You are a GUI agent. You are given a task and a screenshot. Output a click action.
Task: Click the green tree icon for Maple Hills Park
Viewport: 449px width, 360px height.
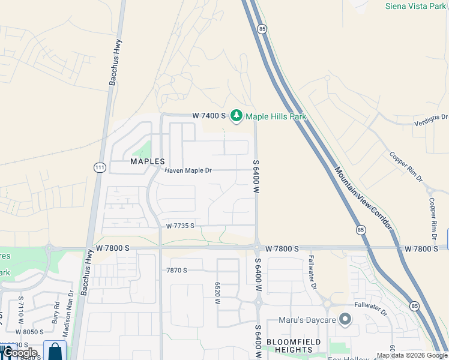click(237, 115)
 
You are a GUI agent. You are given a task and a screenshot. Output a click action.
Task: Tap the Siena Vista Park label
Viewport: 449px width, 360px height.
click(416, 6)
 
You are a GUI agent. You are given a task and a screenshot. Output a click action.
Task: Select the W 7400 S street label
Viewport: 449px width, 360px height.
click(208, 115)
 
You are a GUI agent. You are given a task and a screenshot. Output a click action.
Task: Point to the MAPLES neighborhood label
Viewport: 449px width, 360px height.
click(148, 161)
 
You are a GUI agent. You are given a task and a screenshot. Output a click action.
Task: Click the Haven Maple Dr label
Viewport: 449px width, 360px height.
click(188, 171)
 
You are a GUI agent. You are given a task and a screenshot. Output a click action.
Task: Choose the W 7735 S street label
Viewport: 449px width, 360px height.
click(181, 226)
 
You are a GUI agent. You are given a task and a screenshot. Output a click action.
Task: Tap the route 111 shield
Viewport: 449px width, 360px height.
click(98, 167)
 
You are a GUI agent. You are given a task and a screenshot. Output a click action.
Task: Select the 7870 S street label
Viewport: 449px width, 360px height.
click(177, 271)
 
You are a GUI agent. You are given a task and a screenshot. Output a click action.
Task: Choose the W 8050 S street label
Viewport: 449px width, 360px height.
click(29, 332)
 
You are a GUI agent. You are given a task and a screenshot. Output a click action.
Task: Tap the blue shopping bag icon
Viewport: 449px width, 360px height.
click(55, 350)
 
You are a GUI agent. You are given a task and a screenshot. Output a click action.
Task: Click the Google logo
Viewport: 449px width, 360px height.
click(20, 352)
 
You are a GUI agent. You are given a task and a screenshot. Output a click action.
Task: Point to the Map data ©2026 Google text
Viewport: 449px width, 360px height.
click(412, 356)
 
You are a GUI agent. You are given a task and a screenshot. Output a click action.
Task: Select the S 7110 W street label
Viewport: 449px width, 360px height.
click(20, 307)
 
